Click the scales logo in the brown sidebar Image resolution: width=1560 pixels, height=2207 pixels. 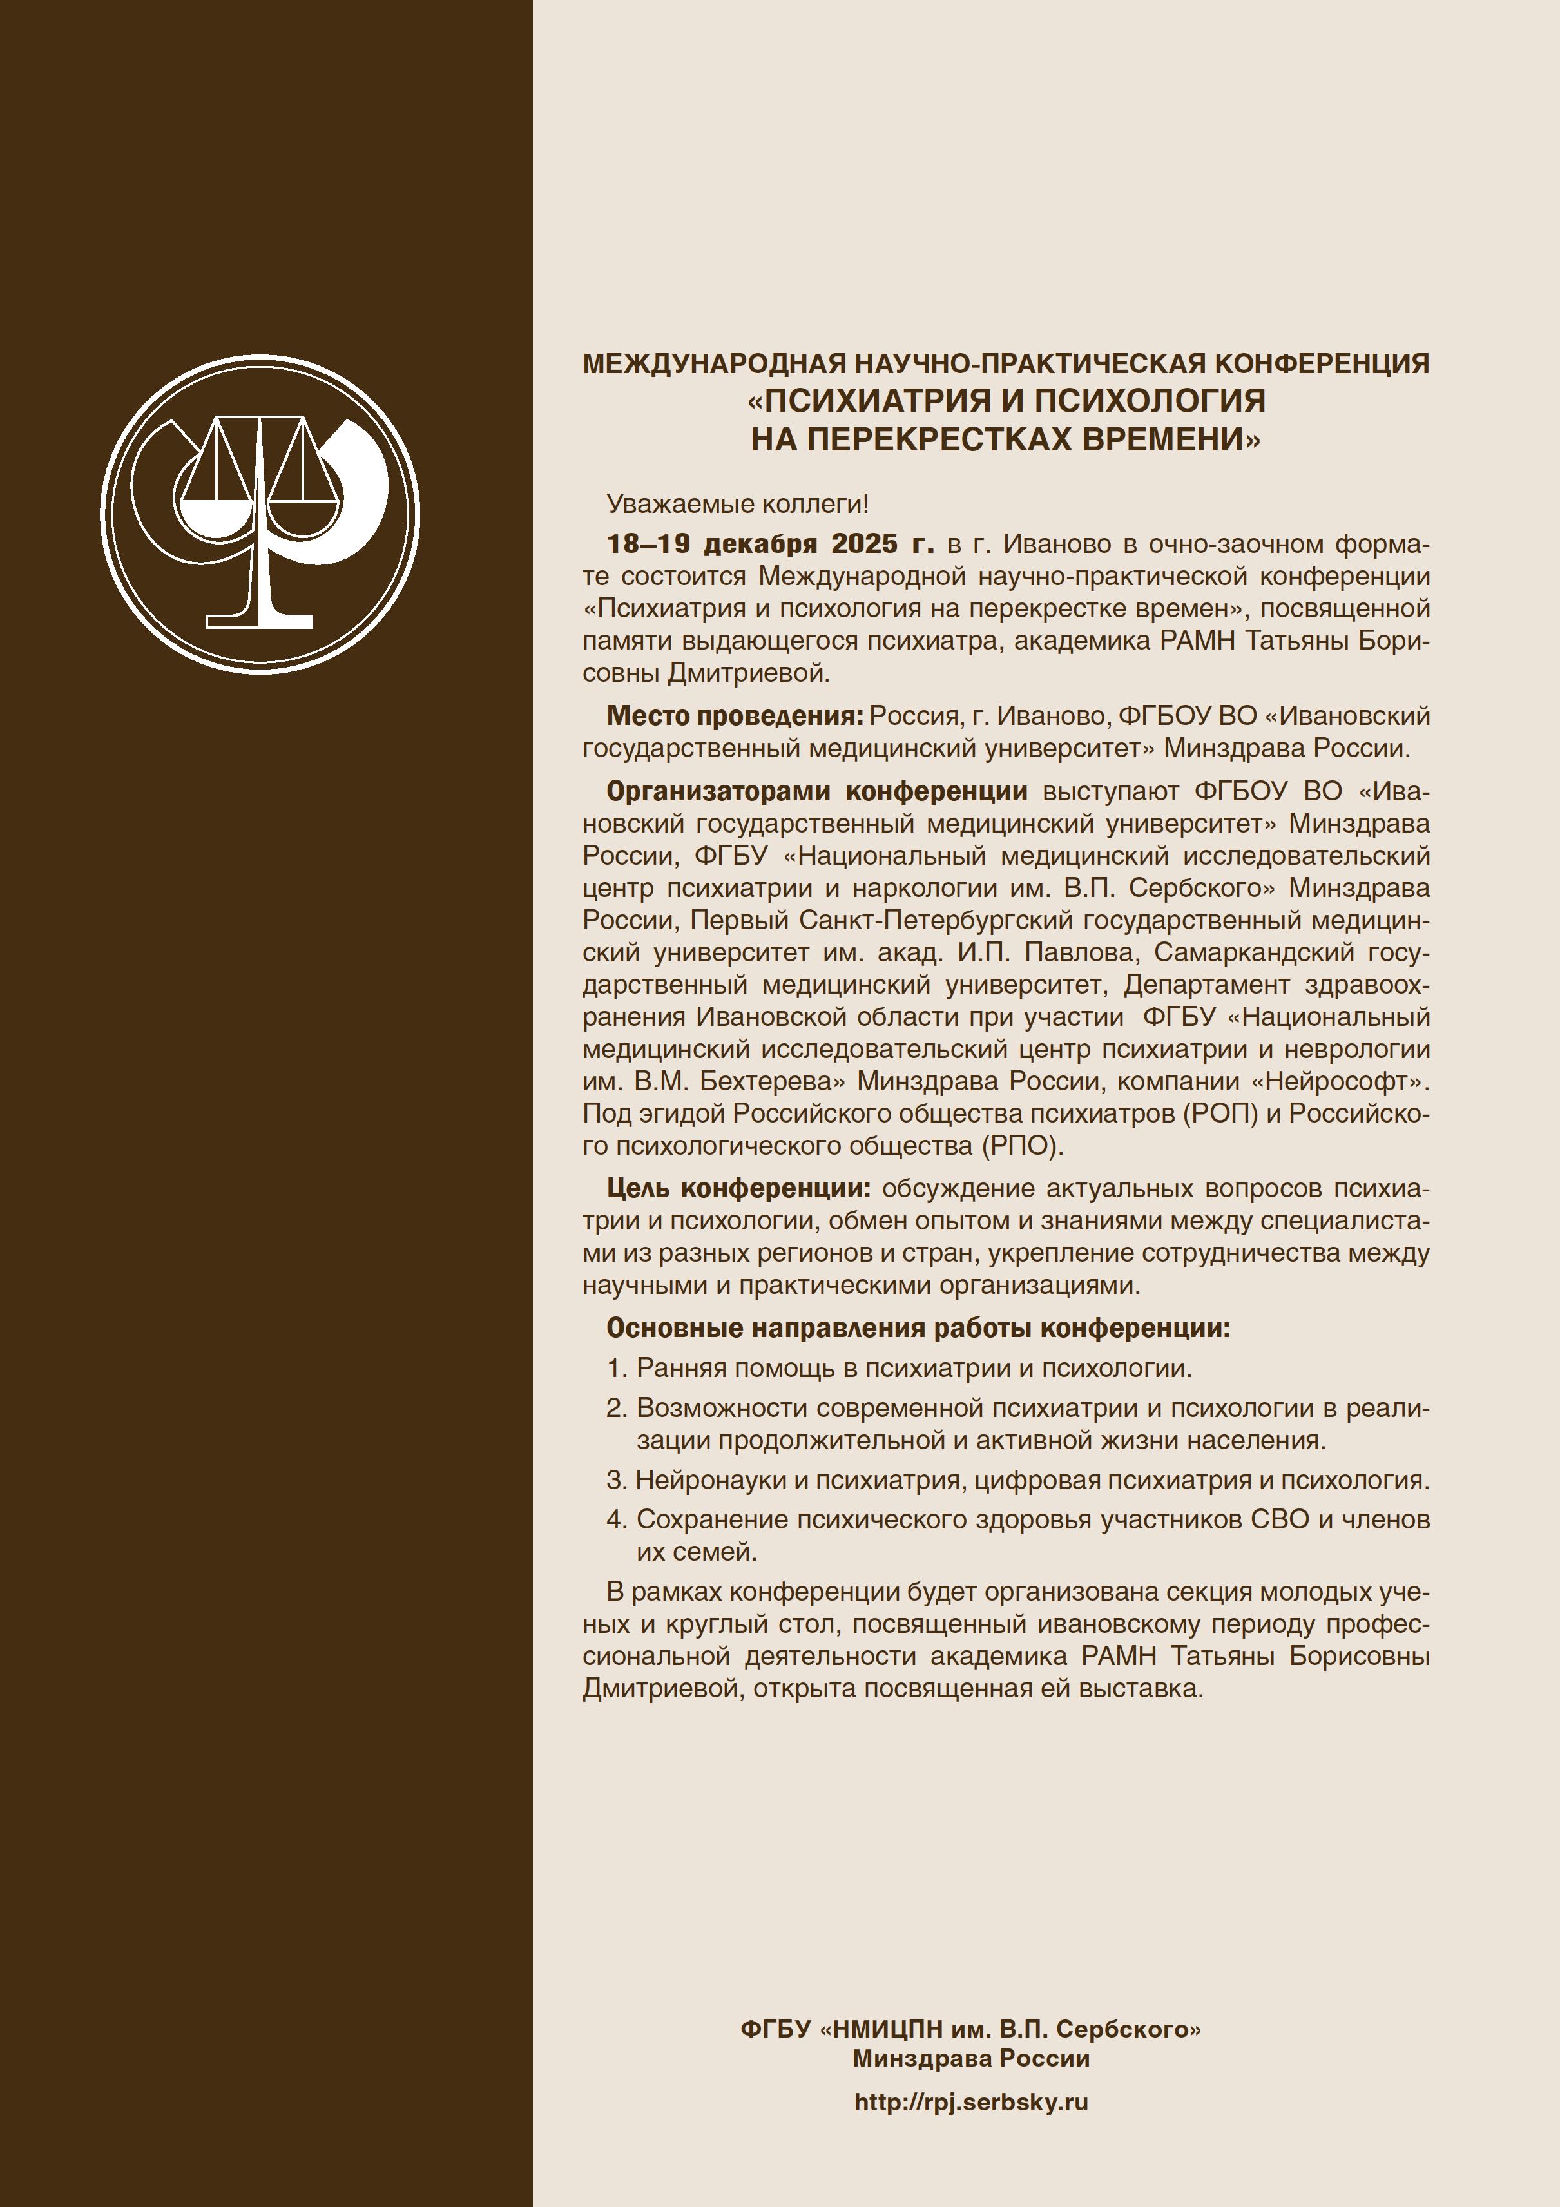point(260,514)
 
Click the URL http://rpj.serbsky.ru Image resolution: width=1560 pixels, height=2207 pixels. point(971,2102)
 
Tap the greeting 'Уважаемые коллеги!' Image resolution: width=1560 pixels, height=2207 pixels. point(737,504)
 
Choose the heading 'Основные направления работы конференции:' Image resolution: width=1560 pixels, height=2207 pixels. point(918,1329)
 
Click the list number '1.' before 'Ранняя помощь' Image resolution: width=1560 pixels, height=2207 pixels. point(617,1368)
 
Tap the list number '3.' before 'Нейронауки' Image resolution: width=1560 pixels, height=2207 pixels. point(617,1480)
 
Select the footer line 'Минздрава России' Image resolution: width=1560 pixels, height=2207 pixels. point(971,2058)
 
